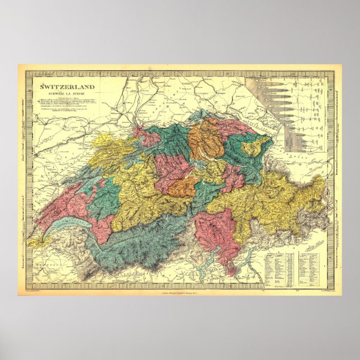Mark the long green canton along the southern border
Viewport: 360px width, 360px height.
tap(140, 246)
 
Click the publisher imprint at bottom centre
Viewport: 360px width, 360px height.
tap(180, 292)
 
